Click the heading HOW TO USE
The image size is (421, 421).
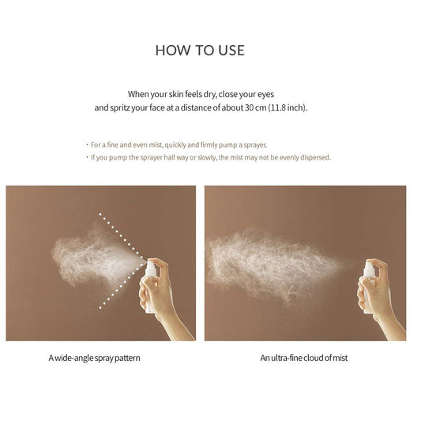200,51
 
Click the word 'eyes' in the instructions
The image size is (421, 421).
266,95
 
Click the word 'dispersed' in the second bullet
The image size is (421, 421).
315,157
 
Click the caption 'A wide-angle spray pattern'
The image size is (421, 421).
94,358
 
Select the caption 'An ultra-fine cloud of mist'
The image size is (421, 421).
303,358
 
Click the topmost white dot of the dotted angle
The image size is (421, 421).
100,214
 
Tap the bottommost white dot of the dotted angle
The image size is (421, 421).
100,308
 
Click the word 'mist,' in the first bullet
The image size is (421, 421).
156,145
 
